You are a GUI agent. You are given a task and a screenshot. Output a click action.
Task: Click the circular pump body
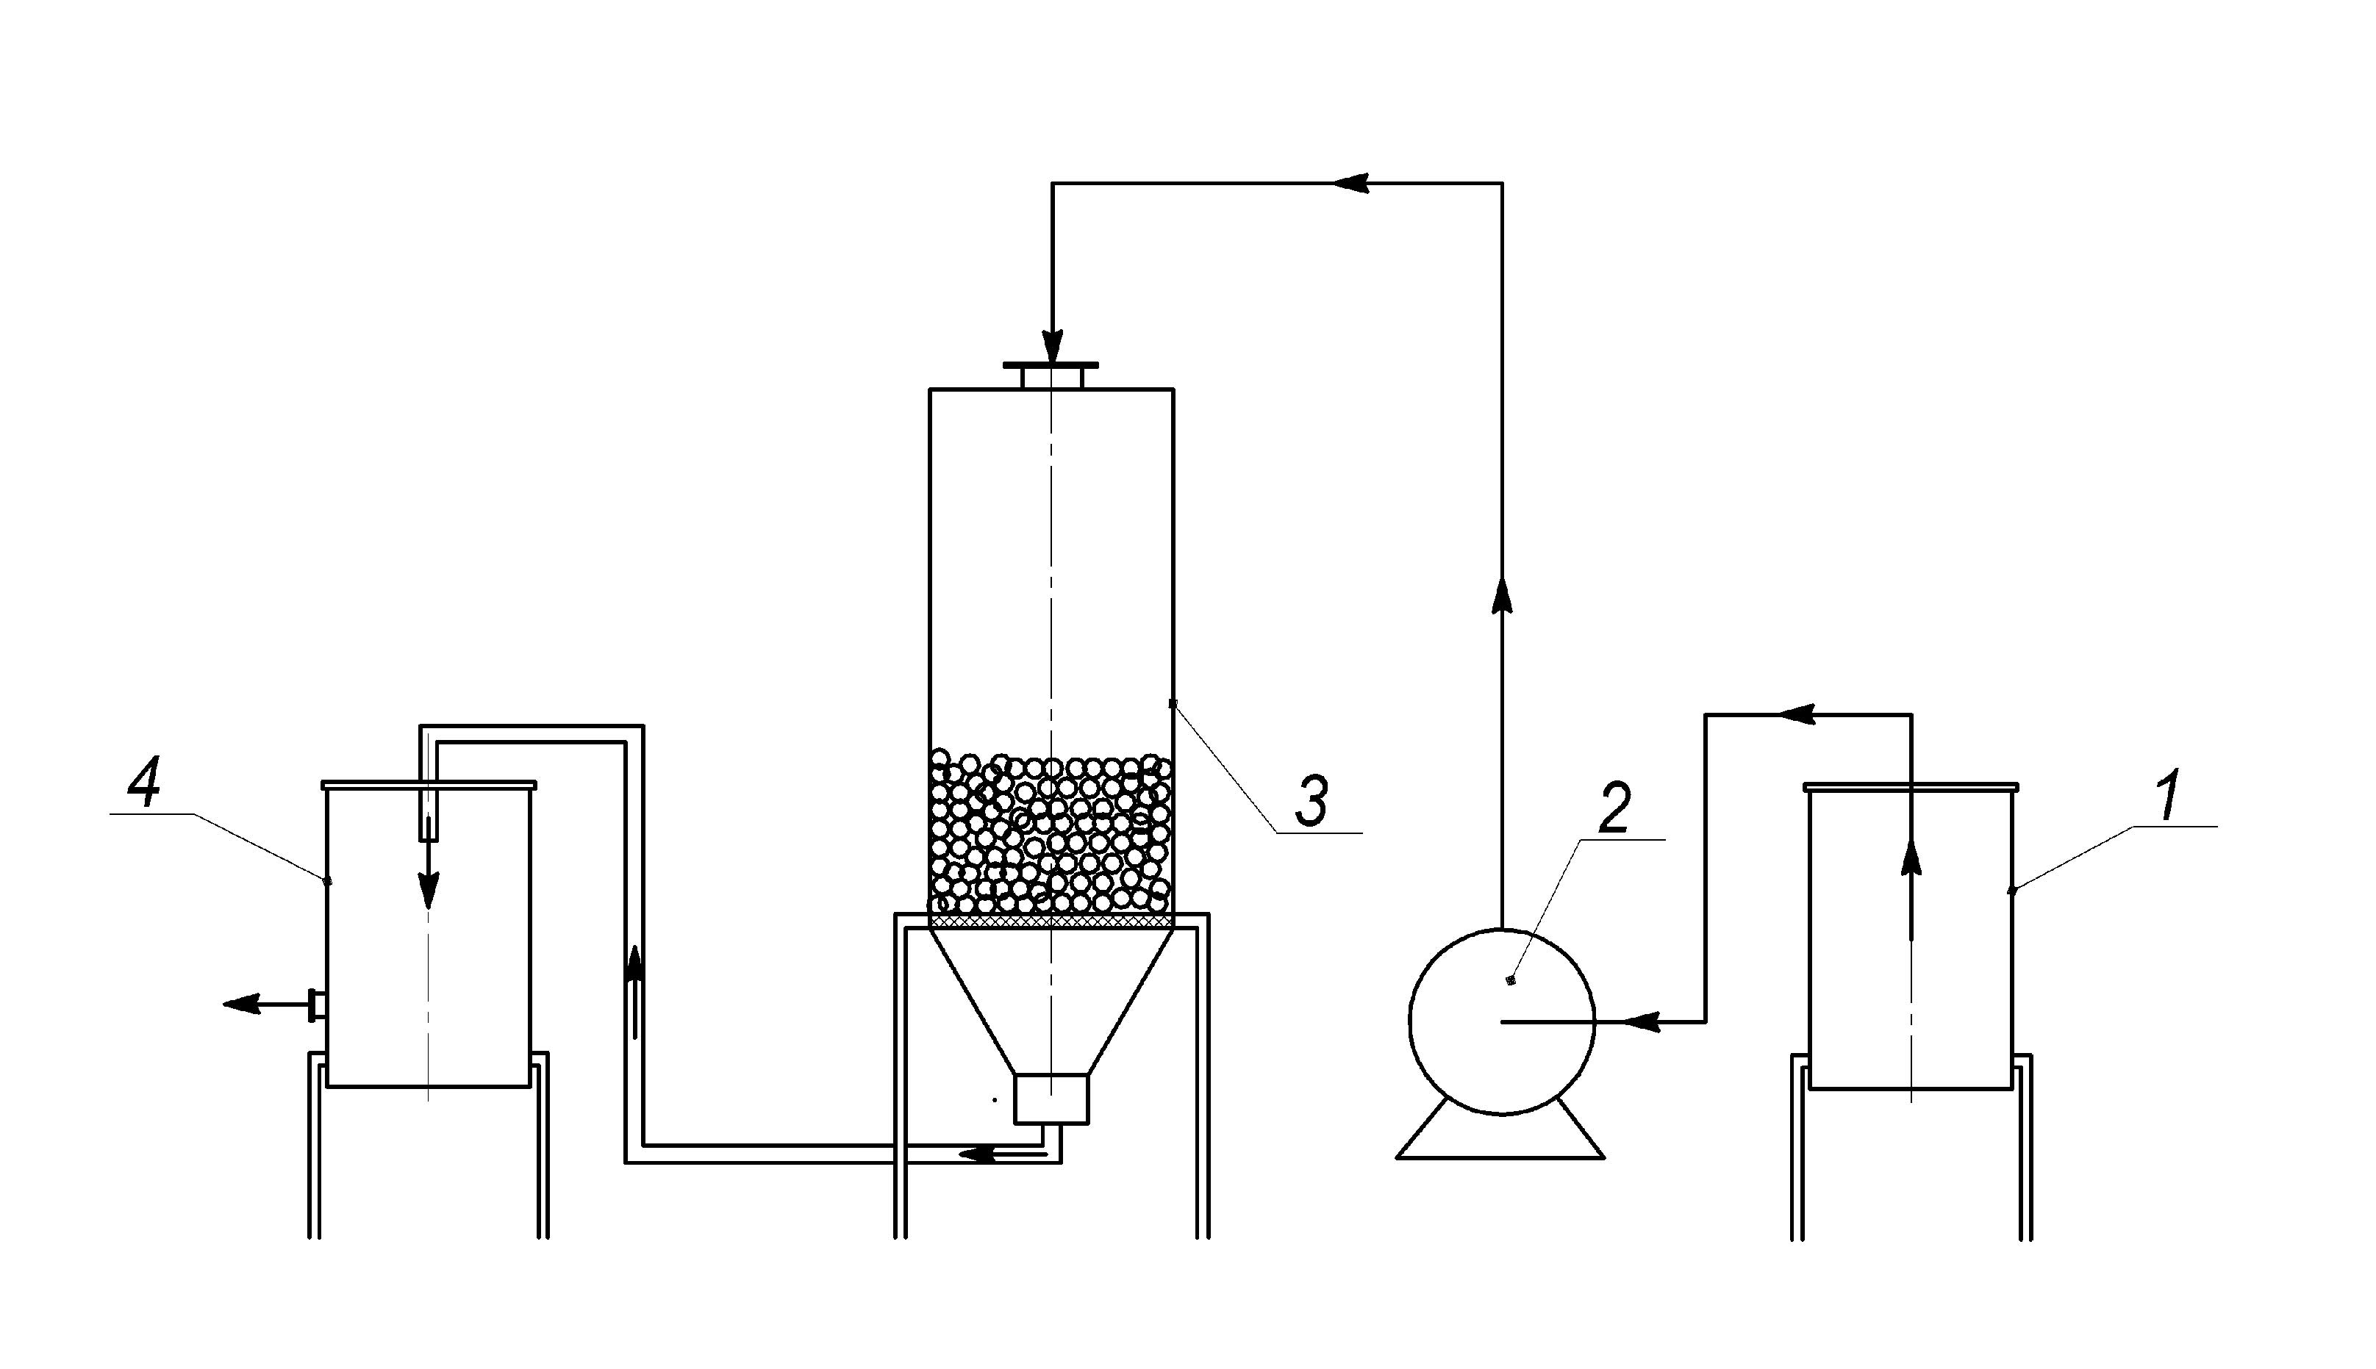1501,1022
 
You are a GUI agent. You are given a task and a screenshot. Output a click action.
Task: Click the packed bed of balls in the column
1051,833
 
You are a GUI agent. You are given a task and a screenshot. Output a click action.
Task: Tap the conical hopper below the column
1051,1002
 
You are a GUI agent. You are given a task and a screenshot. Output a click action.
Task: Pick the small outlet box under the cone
1051,1099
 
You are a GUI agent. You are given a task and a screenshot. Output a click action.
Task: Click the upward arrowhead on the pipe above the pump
1501,596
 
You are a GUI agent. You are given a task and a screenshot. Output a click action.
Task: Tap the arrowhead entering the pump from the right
1640,1021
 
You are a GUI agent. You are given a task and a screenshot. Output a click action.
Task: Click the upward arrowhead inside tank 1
1911,858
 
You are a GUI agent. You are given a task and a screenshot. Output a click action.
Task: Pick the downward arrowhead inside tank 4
428,888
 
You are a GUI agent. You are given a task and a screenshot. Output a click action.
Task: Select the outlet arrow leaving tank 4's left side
265,1005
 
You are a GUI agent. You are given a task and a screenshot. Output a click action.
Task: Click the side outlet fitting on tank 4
317,1005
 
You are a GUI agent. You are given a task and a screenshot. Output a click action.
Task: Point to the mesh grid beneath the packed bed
1051,922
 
